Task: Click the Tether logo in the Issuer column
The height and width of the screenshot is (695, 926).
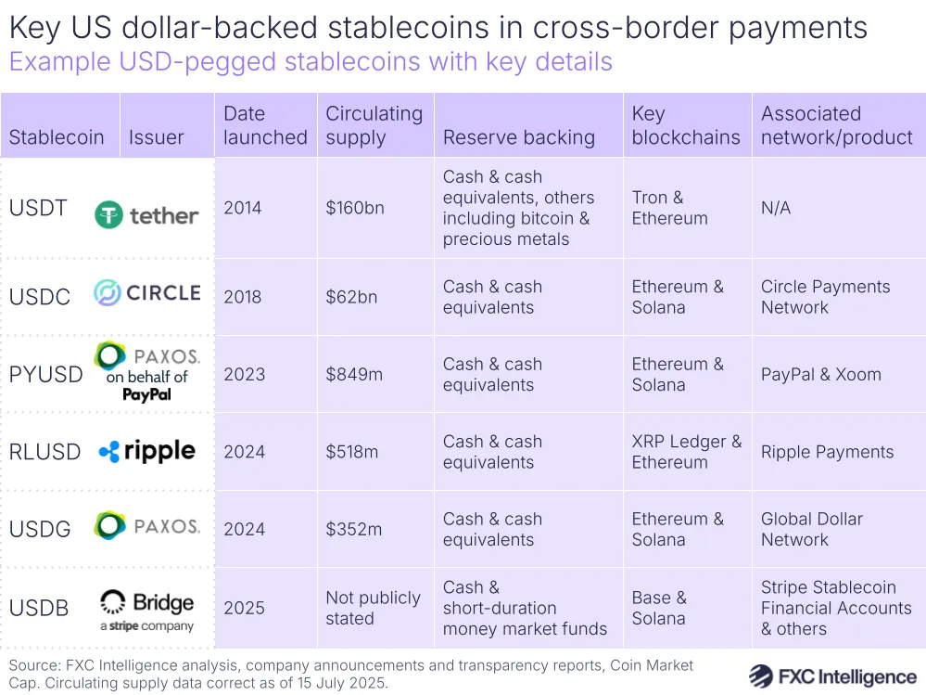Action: pos(146,216)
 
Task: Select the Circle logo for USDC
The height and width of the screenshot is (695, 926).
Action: pos(146,293)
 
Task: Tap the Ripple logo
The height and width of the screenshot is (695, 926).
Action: pos(146,452)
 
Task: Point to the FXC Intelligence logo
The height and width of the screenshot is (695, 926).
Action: pos(832,675)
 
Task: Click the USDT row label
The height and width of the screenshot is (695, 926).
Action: pos(38,208)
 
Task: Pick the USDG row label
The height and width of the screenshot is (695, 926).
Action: pos(40,529)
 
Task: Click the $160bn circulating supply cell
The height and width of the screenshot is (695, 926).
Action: pos(354,208)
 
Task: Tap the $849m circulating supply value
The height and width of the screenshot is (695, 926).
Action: pos(353,375)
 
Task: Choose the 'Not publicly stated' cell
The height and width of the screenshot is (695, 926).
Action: pos(373,608)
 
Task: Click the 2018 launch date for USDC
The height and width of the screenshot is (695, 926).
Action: pos(243,297)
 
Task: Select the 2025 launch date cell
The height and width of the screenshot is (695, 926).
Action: pos(244,608)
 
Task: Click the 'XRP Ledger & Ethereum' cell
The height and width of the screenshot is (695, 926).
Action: pos(686,452)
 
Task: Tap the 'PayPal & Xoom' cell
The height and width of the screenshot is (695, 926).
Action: pos(820,375)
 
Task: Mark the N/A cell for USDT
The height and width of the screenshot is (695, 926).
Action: pos(776,208)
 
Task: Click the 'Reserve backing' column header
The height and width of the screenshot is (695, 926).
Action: pos(518,137)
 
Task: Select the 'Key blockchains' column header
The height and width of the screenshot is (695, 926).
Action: pos(685,126)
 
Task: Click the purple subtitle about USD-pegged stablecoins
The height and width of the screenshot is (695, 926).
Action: pos(311,62)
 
